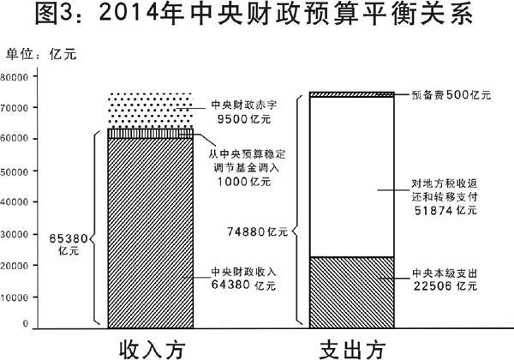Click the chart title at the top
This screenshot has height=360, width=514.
pos(254,15)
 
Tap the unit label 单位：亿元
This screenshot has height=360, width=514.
pos(41,54)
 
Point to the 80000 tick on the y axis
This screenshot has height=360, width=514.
pos(14,77)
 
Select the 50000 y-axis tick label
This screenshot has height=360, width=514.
pos(14,171)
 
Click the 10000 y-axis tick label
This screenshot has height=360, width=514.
pos(14,297)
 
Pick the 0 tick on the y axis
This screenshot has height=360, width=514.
pos(26,324)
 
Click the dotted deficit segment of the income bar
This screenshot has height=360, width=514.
pos(151,111)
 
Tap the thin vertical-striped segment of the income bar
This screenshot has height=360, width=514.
pos(151,134)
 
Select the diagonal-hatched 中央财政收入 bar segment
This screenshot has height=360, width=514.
pos(151,233)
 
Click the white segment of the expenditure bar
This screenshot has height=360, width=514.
pos(352,177)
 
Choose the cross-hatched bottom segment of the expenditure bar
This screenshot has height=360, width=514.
pos(352,292)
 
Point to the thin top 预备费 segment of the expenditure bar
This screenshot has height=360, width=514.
pos(352,94)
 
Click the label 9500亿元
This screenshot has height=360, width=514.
pos(244,119)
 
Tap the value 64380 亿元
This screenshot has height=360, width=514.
pos(243,285)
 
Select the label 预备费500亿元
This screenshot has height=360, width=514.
pos(451,95)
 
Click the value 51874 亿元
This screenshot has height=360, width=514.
pos(445,210)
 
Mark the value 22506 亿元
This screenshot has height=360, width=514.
pos(445,285)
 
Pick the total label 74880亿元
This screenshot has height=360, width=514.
pos(257,231)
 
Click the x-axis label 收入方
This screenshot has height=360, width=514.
pos(152,350)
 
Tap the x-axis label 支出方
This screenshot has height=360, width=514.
pos(352,350)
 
